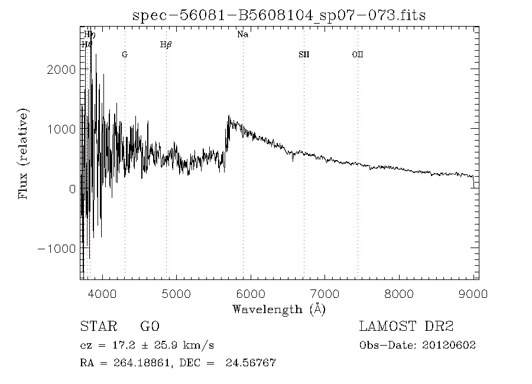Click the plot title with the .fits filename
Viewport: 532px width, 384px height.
278,15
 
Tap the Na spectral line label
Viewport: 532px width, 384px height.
242,34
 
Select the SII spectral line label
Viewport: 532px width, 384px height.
304,54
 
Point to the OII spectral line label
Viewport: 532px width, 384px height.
358,54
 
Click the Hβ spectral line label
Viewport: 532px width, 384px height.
166,45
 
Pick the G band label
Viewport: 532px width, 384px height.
125,54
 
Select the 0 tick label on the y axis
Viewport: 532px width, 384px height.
72,188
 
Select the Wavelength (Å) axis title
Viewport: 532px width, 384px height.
279,309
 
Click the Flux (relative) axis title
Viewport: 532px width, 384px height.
24,154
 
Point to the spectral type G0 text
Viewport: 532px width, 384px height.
150,326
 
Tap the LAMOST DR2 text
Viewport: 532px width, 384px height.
407,326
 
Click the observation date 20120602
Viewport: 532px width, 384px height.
449,345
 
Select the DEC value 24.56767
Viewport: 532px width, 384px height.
251,363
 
